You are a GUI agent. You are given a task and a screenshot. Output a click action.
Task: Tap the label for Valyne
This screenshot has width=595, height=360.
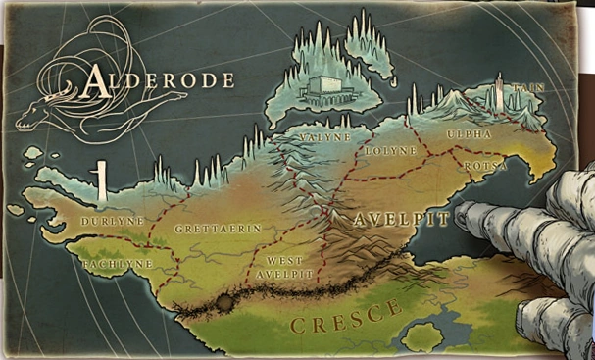(x=325, y=137)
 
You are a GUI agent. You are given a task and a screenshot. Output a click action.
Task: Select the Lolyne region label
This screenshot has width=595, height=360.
(x=390, y=151)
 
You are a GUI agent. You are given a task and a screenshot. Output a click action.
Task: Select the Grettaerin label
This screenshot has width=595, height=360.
(x=218, y=229)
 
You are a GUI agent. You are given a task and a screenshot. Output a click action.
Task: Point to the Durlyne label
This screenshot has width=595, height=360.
(x=114, y=222)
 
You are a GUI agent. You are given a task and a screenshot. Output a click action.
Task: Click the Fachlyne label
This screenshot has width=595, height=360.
(x=118, y=264)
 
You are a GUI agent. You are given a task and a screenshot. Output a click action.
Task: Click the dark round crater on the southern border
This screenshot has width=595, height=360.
(x=224, y=303)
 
